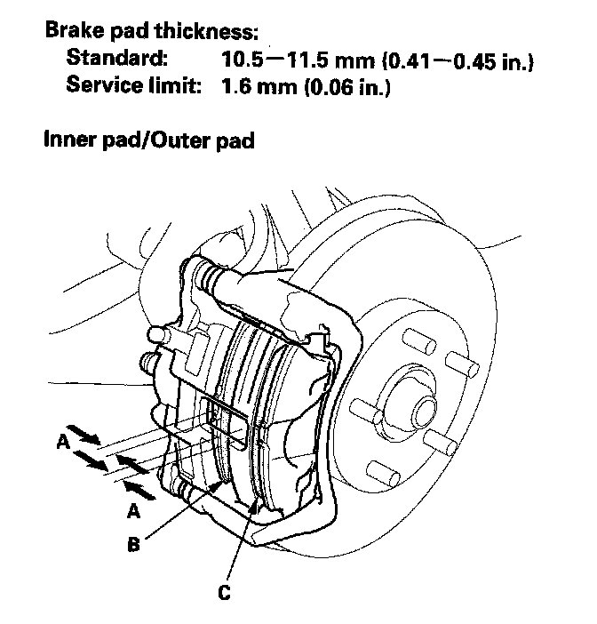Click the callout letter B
click(132, 545)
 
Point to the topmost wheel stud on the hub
click(410, 340)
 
